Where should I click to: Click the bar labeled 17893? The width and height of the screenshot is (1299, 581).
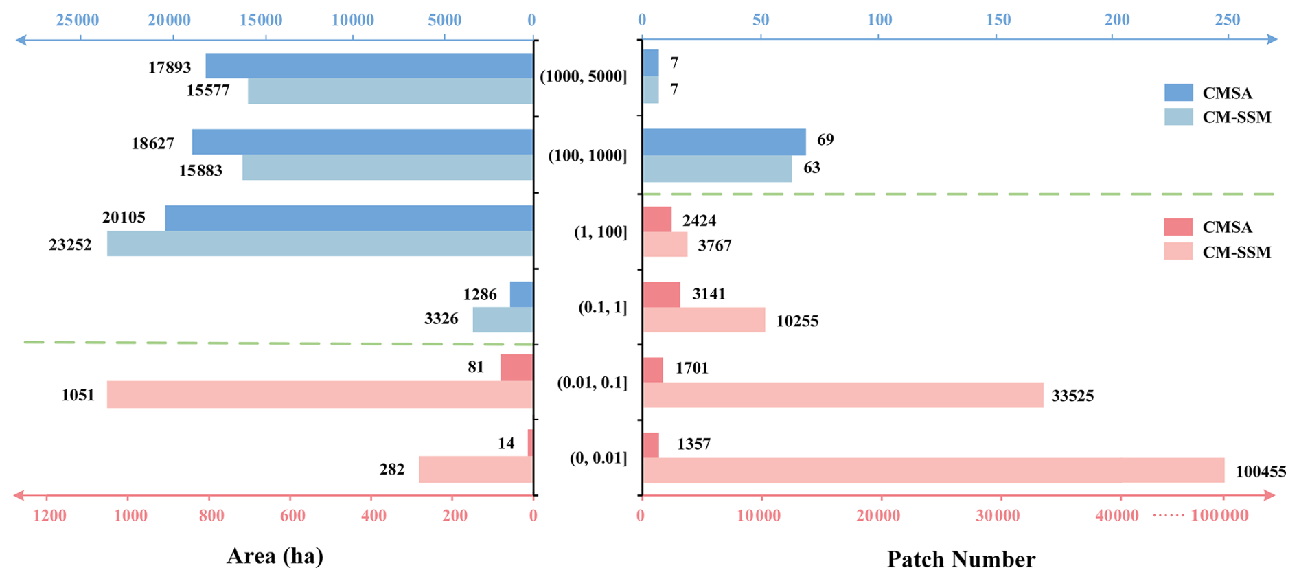pos(369,66)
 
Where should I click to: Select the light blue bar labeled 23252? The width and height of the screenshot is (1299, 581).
pos(320,244)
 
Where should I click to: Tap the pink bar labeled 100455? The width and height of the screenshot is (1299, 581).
pos(933,470)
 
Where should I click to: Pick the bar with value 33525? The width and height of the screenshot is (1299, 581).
pos(842,395)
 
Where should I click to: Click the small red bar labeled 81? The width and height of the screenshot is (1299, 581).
pos(516,367)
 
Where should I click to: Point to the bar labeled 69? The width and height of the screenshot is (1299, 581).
pos(724,142)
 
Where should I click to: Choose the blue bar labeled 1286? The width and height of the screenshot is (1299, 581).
pos(521,295)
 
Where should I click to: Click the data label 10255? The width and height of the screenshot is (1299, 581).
pos(797,321)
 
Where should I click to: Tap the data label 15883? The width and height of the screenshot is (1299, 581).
pos(200,170)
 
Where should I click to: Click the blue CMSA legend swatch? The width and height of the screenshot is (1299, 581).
pos(1178,93)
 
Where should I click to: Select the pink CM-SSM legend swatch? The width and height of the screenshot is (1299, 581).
pos(1178,252)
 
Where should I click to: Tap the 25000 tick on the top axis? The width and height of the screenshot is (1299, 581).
pos(78,20)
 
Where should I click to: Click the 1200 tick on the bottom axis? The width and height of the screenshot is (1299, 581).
pos(49,516)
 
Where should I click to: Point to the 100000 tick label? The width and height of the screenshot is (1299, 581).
pos(1219,516)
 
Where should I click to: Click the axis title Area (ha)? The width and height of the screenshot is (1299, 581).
pos(275,556)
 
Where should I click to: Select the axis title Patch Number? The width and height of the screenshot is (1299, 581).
pos(961,559)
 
